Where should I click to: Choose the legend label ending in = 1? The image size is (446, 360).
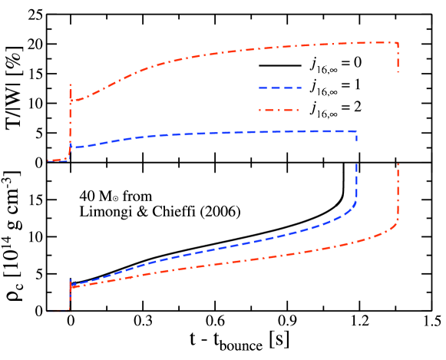click(335, 86)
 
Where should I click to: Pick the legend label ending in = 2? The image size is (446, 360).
click(335, 108)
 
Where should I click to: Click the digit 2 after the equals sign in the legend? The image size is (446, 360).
click(356, 107)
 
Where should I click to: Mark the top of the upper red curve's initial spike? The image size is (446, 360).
click(71, 84)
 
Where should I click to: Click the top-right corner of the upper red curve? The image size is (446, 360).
click(398, 42)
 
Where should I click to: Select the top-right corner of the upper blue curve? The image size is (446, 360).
click(357, 132)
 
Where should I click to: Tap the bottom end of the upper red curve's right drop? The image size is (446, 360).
click(398, 74)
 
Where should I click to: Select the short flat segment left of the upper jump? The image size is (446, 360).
click(58, 160)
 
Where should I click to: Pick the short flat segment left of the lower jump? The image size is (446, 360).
click(58, 312)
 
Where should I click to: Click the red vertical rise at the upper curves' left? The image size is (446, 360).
click(71, 123)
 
